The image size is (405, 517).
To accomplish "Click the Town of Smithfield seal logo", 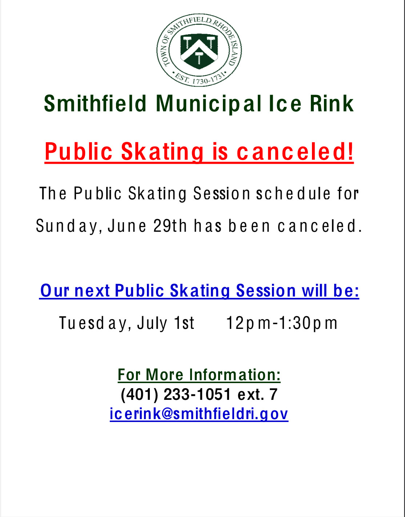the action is coord(199,50).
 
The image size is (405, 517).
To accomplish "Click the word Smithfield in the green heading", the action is coord(95,103).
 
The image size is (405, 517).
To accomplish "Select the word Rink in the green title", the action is coord(332,103).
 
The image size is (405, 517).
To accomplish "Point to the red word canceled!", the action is coord(295,151).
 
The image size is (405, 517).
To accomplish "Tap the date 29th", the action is coord(170,226).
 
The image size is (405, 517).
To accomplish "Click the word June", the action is coord(127,226).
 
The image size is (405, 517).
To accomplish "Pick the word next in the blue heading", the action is coord(92,291).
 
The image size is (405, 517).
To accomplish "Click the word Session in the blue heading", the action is coord(266,290).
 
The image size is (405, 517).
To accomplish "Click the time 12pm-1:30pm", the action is coord(282,323).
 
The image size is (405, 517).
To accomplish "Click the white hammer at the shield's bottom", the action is coord(199,57).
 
